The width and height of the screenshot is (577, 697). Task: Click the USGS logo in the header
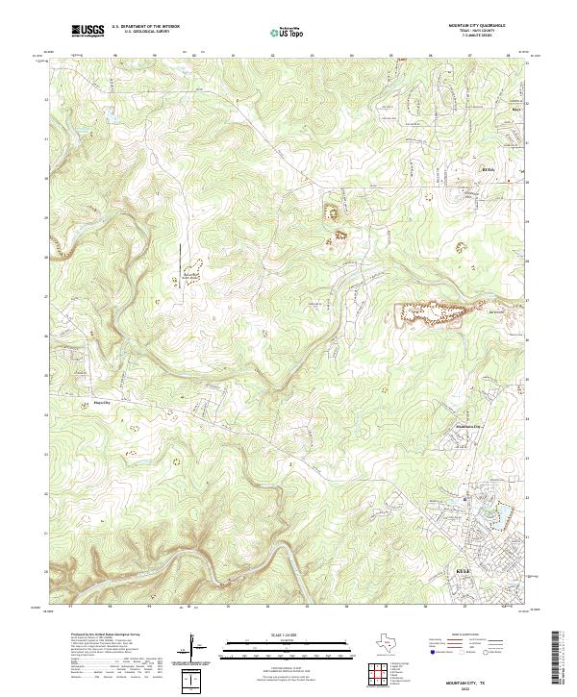pyautogui.click(x=88, y=31)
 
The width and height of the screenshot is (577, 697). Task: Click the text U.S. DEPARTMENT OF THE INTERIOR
pyautogui.click(x=145, y=27)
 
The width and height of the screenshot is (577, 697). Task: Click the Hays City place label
pyautogui.click(x=116, y=404)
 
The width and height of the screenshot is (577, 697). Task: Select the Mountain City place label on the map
pyautogui.click(x=466, y=426)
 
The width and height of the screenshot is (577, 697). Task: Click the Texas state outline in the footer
pyautogui.click(x=389, y=643)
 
